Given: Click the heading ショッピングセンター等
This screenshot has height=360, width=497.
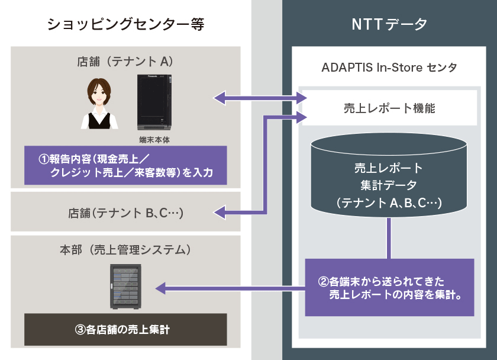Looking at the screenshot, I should click(x=125, y=24).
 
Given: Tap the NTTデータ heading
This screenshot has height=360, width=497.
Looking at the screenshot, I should click(x=389, y=24).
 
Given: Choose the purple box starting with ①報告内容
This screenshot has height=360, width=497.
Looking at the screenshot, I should click(x=125, y=165).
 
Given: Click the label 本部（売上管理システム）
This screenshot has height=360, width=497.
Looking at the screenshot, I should click(x=125, y=250).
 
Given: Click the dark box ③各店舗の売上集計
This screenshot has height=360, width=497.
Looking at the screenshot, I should click(x=125, y=330).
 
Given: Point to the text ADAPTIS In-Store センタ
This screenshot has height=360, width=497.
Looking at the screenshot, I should click(x=389, y=67).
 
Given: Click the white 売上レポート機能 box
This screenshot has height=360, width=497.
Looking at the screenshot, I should click(x=389, y=108).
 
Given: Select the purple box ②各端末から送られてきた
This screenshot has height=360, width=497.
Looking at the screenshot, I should click(x=389, y=287).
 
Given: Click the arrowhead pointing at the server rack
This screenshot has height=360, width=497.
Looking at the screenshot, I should click(x=161, y=288).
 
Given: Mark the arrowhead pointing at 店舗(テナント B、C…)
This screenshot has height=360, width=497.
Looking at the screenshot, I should click(x=220, y=211).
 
